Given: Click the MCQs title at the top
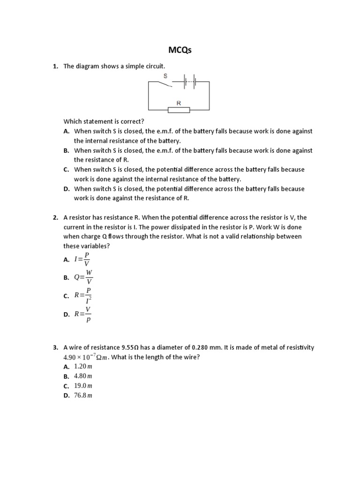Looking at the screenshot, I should [x=180, y=50].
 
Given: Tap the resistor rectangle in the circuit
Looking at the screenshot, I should [x=179, y=110].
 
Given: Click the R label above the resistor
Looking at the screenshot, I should [x=179, y=102].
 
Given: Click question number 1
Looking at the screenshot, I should [x=55, y=67].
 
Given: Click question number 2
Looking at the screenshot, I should [x=55, y=217].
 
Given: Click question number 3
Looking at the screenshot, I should [x=55, y=347].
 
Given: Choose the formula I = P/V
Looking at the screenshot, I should [x=83, y=259].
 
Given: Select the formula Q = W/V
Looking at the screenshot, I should [x=83, y=277].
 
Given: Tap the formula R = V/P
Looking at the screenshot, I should [x=83, y=314].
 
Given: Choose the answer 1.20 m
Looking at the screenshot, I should [x=83, y=366].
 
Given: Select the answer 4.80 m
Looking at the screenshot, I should [x=83, y=376].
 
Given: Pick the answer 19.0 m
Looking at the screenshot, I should [x=83, y=386].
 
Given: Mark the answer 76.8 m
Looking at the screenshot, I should [x=83, y=396].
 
